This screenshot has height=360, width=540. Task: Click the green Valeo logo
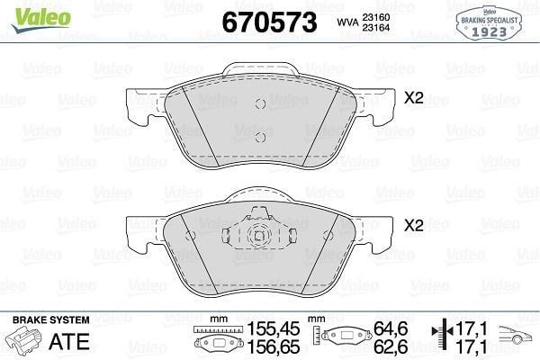click(40, 20)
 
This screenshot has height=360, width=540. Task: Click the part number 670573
click(269, 22)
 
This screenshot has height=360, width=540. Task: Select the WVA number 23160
click(375, 17)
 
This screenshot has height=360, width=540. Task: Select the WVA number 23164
click(375, 28)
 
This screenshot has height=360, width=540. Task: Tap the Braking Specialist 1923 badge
click(489, 23)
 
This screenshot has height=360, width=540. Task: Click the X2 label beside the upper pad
click(414, 98)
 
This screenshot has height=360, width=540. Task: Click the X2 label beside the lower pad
click(414, 226)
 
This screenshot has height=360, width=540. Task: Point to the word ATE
click(69, 341)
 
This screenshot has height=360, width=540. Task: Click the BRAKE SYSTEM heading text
click(51, 320)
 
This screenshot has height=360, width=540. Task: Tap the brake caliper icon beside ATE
click(25, 339)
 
